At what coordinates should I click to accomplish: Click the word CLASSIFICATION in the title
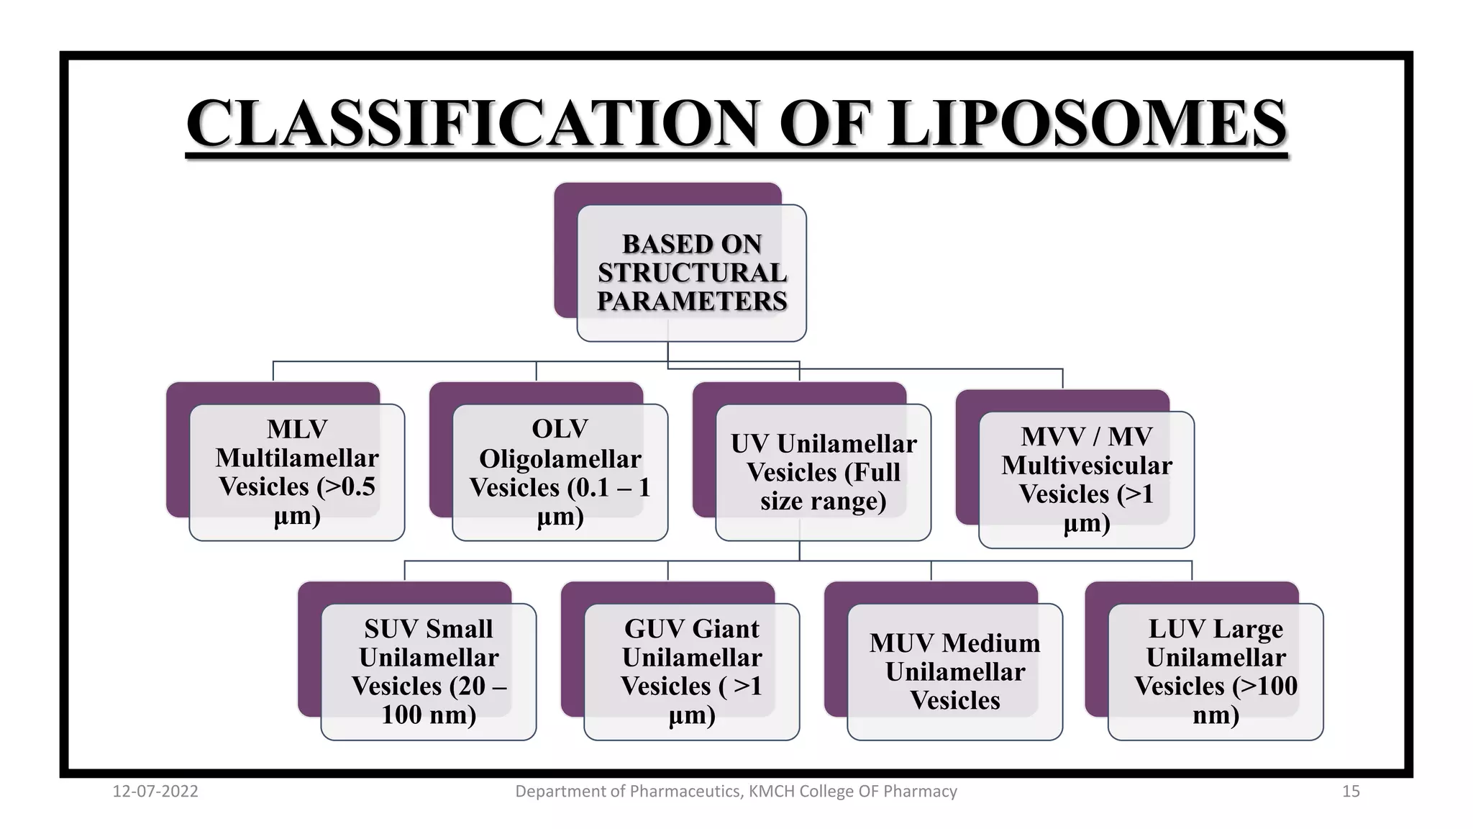pos(471,124)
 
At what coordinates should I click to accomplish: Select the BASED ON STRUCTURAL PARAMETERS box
pos(691,273)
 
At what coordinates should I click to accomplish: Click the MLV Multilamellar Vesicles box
pos(296,472)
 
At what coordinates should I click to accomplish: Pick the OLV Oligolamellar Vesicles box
pos(560,472)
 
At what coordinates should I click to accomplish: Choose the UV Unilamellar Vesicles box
pos(823,472)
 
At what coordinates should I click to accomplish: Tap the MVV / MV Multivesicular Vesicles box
pos(1086,479)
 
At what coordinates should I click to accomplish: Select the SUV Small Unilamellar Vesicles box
pos(429,671)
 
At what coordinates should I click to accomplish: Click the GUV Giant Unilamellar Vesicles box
pos(691,671)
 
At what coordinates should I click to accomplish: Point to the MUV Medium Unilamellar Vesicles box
pos(954,671)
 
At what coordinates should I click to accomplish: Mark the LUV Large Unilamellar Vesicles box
pos(1216,671)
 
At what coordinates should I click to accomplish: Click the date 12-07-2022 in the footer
pos(155,792)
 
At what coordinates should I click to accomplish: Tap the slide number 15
pos(1351,792)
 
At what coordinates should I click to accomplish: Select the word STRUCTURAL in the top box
pos(692,273)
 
